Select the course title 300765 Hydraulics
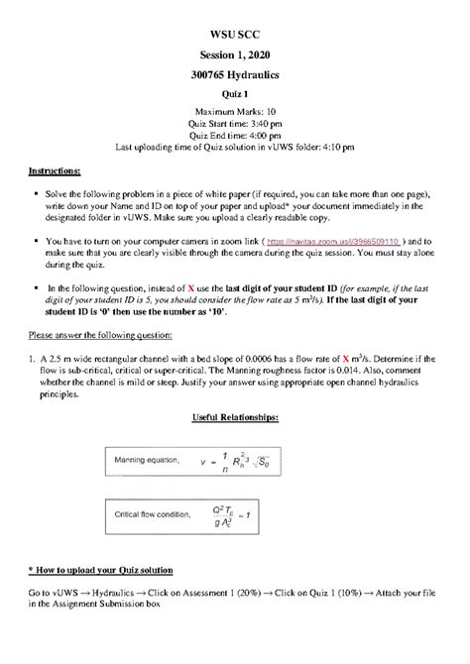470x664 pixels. [235, 74]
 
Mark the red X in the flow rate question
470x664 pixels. [345, 357]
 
